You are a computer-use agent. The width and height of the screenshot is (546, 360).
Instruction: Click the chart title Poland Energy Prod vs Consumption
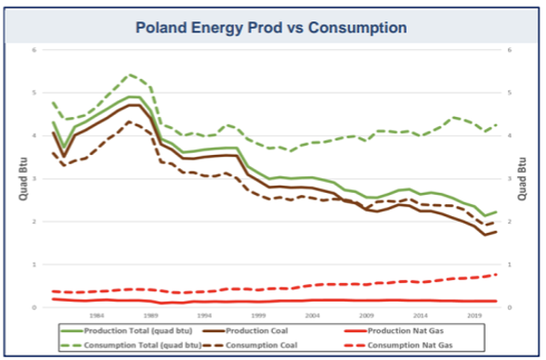[x=272, y=27]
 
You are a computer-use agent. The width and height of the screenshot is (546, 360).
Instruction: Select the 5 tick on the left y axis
[x=36, y=93]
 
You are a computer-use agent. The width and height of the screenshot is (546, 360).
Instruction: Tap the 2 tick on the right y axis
[x=509, y=221]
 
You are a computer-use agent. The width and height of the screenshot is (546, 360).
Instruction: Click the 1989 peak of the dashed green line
[x=131, y=74]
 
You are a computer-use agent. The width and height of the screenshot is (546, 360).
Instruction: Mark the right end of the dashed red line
[x=497, y=274]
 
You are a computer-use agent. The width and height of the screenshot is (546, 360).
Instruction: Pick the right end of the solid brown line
[x=497, y=231]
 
